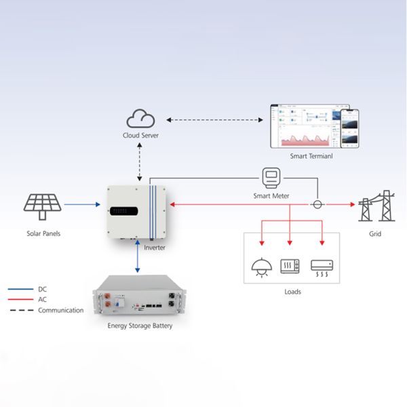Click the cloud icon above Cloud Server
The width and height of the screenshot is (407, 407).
[x=141, y=120]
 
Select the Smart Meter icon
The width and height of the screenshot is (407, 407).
[x=272, y=178]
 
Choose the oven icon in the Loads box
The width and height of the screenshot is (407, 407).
[x=291, y=266]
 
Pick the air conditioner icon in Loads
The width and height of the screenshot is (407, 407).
[x=321, y=266]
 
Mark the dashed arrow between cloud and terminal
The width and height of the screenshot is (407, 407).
[x=215, y=120]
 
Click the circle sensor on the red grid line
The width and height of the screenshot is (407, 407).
[x=316, y=203]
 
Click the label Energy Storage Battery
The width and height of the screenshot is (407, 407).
[x=140, y=326]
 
